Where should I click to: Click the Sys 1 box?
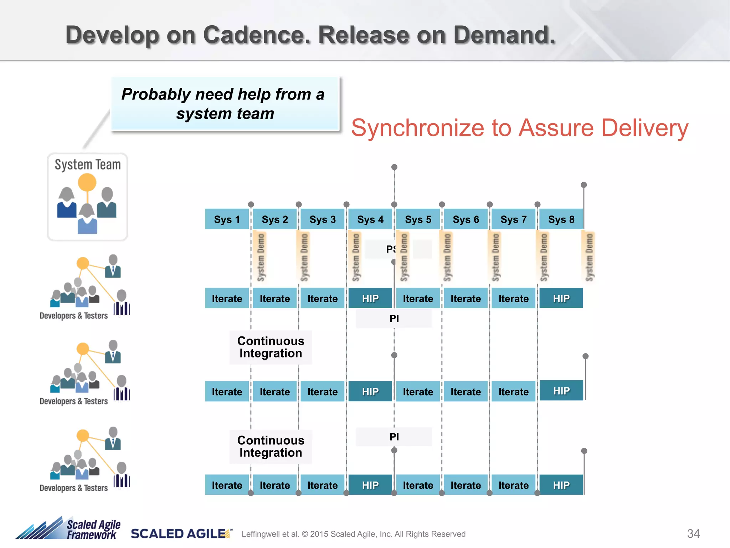point(227,219)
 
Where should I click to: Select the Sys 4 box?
point(370,219)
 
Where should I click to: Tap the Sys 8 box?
point(561,219)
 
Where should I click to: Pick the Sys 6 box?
point(466,219)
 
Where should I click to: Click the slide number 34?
point(693,534)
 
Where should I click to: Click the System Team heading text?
point(88,165)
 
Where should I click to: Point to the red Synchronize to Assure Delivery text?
point(520,128)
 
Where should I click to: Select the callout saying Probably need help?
point(225,104)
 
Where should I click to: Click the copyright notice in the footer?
point(353,534)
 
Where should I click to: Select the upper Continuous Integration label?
point(271,347)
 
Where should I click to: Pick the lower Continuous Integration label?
point(271,446)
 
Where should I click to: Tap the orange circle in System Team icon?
point(87,182)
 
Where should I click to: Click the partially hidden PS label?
point(391,249)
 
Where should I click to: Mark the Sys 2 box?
point(274,219)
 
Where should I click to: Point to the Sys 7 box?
point(513,219)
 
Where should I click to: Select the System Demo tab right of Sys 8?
point(589,257)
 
